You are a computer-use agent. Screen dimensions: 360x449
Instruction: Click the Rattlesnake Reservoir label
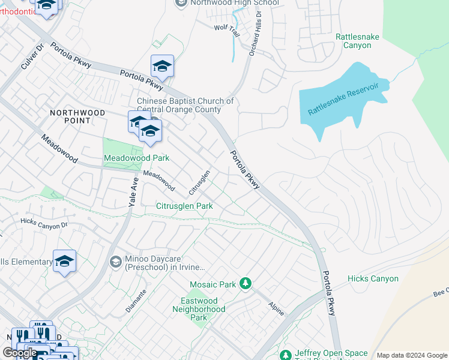343,100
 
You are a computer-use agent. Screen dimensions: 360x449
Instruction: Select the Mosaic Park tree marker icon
245,283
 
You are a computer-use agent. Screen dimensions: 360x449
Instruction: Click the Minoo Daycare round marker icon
115,262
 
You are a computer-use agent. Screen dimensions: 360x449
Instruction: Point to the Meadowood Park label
137,158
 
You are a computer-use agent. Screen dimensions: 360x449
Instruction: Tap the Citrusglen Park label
185,206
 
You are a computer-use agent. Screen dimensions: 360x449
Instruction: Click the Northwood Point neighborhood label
78,116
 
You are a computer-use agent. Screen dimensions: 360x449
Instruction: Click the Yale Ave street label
133,192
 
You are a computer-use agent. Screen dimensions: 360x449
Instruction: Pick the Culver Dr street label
32,57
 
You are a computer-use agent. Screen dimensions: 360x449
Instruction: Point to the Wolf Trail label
228,28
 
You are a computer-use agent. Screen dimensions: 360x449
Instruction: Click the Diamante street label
136,300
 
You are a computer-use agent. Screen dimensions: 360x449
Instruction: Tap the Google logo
20,353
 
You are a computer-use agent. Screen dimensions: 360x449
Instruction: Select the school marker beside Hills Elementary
65,262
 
